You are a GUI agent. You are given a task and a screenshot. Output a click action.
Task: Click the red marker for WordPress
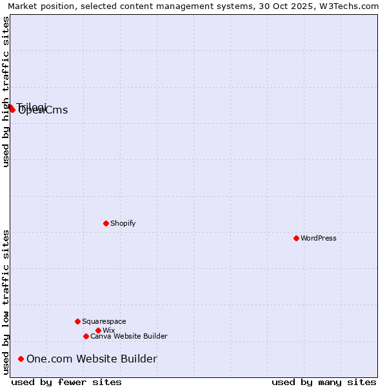coord(296,238)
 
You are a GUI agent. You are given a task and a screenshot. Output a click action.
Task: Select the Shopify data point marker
coord(106,223)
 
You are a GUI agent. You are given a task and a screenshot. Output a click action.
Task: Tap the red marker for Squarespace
coord(77,321)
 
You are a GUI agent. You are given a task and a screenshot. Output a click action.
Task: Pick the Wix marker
coord(98,330)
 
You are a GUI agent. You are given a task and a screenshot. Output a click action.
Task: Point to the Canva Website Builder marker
coord(86,336)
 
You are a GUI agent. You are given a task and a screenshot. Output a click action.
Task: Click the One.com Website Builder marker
coord(21,359)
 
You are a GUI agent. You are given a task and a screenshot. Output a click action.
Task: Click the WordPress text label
coord(319,238)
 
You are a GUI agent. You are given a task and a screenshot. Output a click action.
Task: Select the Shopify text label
coord(123,223)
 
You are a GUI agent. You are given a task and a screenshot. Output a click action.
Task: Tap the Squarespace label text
coord(104,321)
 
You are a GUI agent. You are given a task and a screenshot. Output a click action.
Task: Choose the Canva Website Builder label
coord(129,336)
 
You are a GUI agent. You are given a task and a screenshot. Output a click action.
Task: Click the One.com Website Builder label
coord(92,359)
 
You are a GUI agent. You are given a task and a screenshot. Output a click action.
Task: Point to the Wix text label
coord(108,330)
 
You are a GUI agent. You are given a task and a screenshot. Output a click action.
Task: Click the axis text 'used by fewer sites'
coord(66,382)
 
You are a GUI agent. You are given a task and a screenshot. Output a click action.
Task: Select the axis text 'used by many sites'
coord(324,382)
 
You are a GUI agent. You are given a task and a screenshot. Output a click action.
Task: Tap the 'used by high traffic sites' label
coord(6,92)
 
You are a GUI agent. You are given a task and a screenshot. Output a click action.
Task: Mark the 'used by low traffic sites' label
coord(6,301)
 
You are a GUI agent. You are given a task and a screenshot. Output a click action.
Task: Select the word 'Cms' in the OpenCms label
coord(56,110)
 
